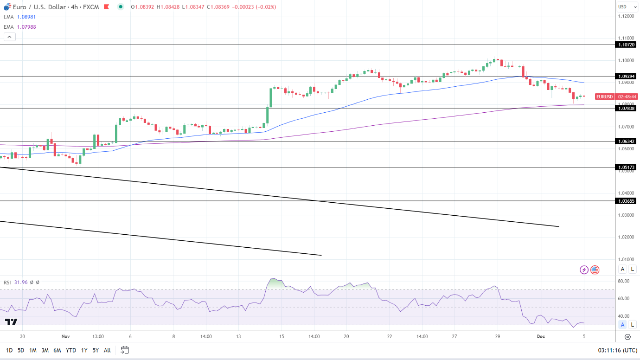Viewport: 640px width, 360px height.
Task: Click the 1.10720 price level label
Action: pyautogui.click(x=626, y=45)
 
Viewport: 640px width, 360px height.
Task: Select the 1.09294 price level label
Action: pyautogui.click(x=626, y=76)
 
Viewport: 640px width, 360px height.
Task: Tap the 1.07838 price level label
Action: pyautogui.click(x=626, y=108)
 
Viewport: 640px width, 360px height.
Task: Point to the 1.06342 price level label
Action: pyautogui.click(x=626, y=141)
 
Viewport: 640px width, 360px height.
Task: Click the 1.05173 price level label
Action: pyautogui.click(x=626, y=167)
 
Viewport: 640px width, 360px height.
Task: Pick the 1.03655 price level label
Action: pyautogui.click(x=626, y=201)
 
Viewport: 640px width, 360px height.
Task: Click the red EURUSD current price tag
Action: pyautogui.click(x=604, y=96)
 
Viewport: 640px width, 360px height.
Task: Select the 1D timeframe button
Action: pyautogui.click(x=9, y=350)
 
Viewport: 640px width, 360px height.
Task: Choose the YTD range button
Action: pyautogui.click(x=71, y=350)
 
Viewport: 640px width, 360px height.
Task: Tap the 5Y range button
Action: pyautogui.click(x=95, y=350)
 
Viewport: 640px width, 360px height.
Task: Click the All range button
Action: pyautogui.click(x=107, y=350)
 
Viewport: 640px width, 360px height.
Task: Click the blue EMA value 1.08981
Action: pyautogui.click(x=26, y=17)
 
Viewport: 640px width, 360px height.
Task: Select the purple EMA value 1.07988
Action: pyautogui.click(x=26, y=27)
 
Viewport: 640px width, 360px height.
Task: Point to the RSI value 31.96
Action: pyautogui.click(x=21, y=282)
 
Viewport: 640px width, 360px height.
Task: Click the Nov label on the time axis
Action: pyautogui.click(x=65, y=336)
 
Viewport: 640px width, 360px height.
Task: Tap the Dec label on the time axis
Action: pyautogui.click(x=540, y=336)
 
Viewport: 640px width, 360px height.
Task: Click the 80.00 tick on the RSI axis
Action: pyautogui.click(x=623, y=281)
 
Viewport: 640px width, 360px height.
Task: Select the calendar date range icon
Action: pyautogui.click(x=124, y=350)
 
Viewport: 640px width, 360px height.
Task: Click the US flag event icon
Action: pyautogui.click(x=595, y=270)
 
